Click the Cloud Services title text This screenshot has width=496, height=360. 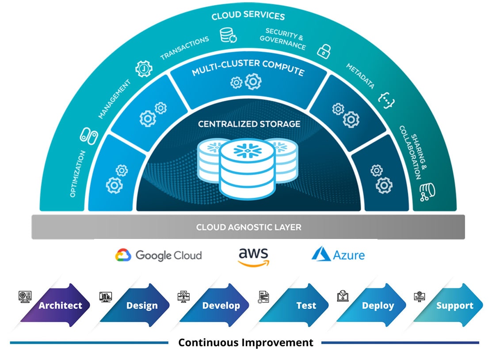click(x=248, y=16)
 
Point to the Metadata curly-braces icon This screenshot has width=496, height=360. click(x=387, y=101)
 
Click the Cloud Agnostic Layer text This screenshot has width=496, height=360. click(x=248, y=227)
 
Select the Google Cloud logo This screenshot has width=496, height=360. click(x=159, y=255)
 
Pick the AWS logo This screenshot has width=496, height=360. click(x=253, y=256)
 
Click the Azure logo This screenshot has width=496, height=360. click(x=338, y=255)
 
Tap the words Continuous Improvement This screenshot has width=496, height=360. click(x=245, y=342)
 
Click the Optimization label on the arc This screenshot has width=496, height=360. click(x=78, y=174)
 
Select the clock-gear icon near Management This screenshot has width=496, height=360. click(x=143, y=69)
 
